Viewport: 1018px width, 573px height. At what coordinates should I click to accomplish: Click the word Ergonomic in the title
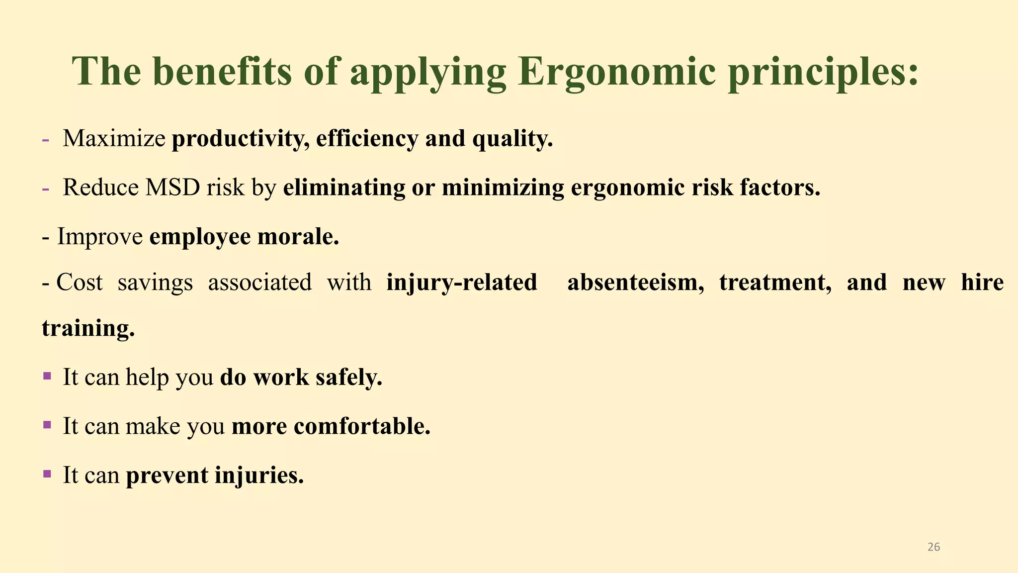point(616,73)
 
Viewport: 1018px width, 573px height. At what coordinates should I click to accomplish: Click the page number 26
point(933,547)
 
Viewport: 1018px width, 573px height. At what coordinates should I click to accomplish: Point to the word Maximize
point(114,138)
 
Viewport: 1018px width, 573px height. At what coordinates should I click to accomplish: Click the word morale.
point(298,236)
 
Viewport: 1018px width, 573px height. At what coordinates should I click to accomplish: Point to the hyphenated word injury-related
point(462,282)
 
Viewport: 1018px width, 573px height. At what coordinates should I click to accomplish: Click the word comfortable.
point(362,426)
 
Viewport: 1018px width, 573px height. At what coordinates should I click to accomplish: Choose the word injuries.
point(259,475)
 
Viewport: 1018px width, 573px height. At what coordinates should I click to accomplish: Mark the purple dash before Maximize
point(46,139)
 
